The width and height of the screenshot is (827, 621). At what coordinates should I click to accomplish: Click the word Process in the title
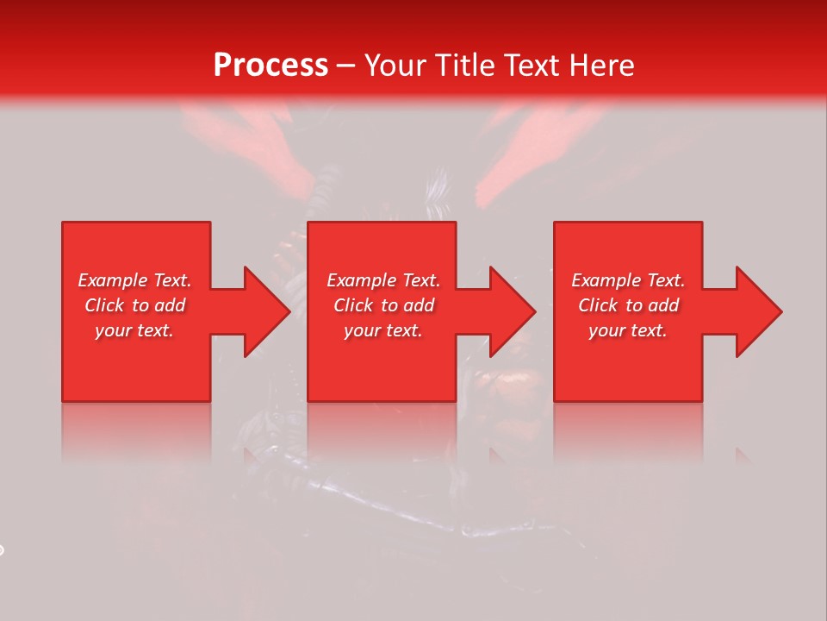270,66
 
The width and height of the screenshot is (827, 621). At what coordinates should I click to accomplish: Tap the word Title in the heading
463,66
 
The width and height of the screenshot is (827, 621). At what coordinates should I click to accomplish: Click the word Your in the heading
396,66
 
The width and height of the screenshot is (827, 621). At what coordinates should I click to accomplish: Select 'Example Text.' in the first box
134,280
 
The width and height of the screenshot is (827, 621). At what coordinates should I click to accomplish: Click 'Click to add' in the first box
135,305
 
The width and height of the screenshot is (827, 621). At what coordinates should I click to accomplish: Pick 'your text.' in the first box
134,330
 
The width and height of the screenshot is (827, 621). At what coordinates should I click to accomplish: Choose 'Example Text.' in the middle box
383,280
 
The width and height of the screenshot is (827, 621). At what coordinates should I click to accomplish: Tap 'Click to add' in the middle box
383,305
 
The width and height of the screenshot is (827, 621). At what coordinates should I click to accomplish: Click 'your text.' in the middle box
383,330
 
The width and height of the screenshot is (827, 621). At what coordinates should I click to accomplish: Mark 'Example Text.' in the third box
628,280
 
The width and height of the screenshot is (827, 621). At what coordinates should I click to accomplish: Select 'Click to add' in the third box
629,305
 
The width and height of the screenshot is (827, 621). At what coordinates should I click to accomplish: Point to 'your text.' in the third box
628,330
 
